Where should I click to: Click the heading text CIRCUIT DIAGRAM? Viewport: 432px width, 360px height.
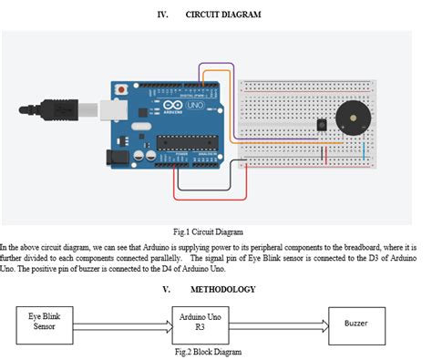223,15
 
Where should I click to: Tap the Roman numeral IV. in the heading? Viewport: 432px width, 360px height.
163,15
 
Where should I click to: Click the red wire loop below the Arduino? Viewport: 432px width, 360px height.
210,196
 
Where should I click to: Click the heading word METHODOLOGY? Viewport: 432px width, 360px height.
222,290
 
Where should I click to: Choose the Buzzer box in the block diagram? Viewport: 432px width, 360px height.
356,324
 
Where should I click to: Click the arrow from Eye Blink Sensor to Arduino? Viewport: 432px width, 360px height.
121,324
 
